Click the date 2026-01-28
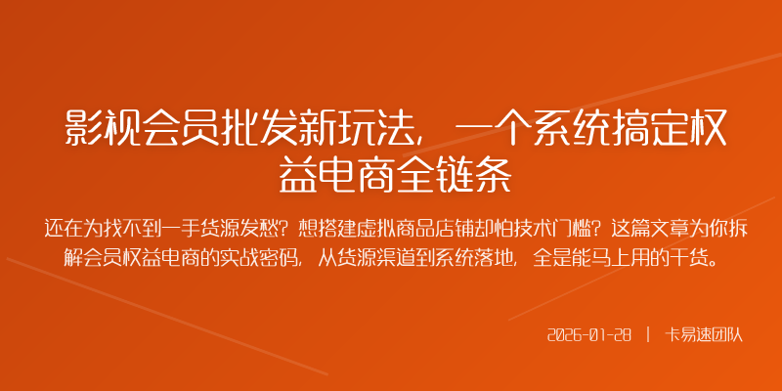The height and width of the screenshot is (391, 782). tap(588, 334)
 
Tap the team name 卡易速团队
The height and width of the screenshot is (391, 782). tap(704, 334)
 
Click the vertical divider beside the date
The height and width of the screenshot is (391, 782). tap(647, 334)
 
